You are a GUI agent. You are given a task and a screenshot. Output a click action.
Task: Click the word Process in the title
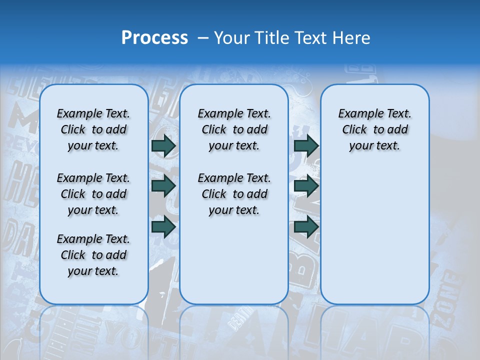[154, 38]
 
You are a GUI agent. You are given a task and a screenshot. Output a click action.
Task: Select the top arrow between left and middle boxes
[163, 145]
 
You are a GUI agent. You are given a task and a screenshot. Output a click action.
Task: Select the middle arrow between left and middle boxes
[163, 186]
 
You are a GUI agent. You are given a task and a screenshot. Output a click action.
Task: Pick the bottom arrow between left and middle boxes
[163, 226]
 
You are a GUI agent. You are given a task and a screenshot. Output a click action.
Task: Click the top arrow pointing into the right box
[306, 145]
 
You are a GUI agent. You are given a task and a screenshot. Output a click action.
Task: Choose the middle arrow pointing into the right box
[306, 186]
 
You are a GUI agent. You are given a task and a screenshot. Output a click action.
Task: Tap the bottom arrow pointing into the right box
[306, 226]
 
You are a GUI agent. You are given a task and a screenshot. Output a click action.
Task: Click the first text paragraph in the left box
[93, 129]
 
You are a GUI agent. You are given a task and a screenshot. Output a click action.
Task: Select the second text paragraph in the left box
[93, 194]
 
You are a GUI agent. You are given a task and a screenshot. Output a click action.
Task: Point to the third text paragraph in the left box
[93, 255]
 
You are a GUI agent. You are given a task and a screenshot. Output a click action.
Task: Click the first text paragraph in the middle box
[234, 129]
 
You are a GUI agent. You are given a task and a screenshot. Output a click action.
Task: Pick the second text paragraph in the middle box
[234, 194]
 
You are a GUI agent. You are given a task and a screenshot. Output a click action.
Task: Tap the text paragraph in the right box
[374, 129]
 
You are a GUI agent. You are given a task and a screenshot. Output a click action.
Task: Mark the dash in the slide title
[203, 38]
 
